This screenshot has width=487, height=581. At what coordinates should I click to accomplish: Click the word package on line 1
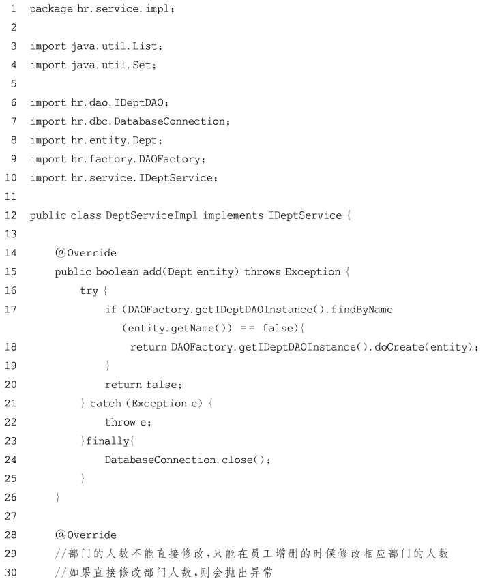point(51,9)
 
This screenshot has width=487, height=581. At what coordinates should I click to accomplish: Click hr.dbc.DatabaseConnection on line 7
point(148,121)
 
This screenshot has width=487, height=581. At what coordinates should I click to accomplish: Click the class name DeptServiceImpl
point(151,215)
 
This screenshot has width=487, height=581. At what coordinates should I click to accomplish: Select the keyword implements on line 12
point(233,215)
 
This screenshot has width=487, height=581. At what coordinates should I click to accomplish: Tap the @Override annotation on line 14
point(86,253)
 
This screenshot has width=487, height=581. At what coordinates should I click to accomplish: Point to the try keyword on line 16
point(89,291)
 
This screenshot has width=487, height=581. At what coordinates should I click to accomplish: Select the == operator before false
point(247,328)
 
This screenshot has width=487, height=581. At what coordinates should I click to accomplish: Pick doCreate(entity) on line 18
point(424,347)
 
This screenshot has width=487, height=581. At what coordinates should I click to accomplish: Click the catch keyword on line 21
point(106,404)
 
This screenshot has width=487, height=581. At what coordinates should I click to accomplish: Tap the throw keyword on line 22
point(120,422)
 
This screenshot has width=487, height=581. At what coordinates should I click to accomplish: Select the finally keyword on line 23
point(108,441)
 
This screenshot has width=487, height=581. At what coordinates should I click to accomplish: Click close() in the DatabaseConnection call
point(243,460)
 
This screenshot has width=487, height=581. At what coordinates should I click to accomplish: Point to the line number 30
point(11,573)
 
